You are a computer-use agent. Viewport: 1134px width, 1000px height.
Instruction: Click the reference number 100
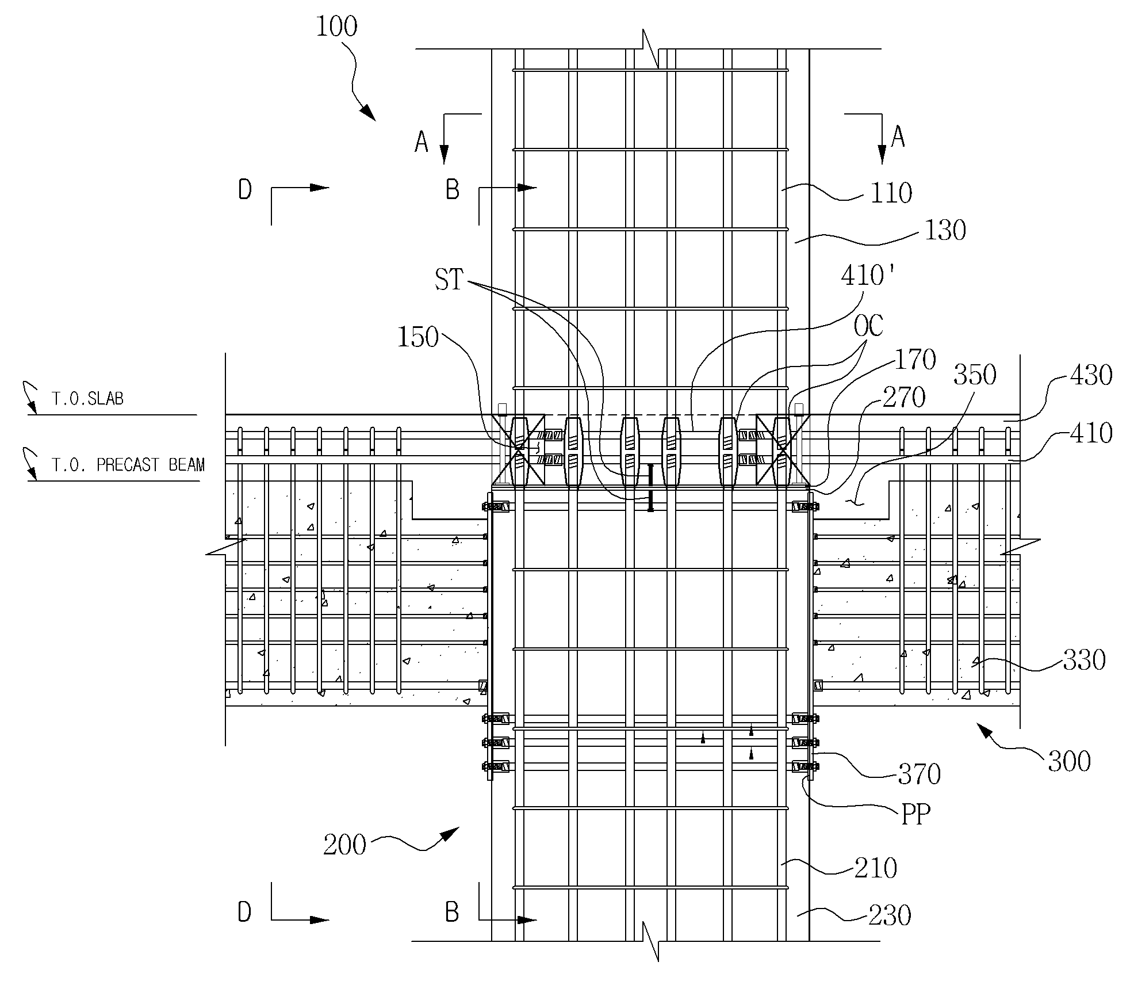[x=336, y=27]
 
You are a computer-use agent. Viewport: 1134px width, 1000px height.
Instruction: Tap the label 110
[x=891, y=193]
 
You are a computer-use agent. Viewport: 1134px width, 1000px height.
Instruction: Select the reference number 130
[x=945, y=230]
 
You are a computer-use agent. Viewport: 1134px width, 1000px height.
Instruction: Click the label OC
[x=868, y=326]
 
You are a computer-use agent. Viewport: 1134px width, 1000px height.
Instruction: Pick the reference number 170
[x=916, y=360]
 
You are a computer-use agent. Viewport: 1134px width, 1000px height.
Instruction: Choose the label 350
[x=975, y=375]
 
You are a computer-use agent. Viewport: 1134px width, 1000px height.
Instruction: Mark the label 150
[x=418, y=338]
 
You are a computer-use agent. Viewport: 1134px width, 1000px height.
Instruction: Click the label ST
[x=449, y=280]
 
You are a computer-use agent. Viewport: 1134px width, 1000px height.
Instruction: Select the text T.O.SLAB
[x=87, y=399]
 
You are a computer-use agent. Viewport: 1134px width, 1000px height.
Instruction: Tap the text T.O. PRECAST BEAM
[x=128, y=465]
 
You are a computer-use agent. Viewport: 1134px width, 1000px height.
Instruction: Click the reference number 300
[x=1070, y=762]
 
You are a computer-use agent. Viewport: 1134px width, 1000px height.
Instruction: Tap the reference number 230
[x=890, y=915]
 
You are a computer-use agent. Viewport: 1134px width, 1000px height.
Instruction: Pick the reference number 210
[x=876, y=868]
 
